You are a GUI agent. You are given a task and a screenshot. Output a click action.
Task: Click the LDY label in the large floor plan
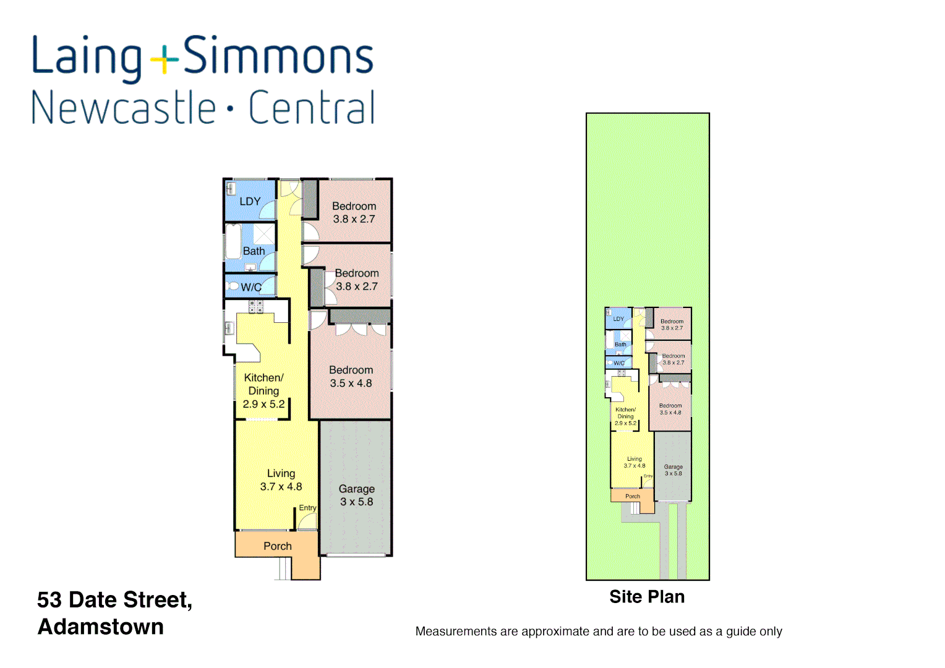tap(250, 202)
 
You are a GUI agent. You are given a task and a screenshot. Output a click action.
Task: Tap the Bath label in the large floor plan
tap(254, 251)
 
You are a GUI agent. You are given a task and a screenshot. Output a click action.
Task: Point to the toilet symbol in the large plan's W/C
tap(233, 286)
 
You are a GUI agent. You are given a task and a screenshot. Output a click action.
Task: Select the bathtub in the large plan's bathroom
tap(233, 241)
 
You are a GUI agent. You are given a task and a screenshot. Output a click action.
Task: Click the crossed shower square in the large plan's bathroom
tap(264, 234)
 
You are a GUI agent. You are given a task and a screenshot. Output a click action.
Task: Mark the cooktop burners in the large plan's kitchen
tap(256, 306)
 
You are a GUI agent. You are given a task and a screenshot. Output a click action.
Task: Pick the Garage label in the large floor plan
tap(356, 489)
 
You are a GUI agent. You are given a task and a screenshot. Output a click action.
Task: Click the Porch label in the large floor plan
tap(278, 546)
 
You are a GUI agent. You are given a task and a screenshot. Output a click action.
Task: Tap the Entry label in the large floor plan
tap(307, 508)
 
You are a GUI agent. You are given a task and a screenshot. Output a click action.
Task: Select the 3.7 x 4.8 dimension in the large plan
tap(281, 487)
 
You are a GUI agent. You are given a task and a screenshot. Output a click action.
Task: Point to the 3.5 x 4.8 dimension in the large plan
tap(351, 383)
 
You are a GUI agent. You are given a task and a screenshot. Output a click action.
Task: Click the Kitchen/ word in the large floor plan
tap(263, 377)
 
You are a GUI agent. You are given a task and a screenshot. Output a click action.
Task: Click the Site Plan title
tap(647, 597)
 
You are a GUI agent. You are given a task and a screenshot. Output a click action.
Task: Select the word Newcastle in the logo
tap(124, 108)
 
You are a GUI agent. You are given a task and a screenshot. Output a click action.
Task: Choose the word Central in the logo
tap(312, 108)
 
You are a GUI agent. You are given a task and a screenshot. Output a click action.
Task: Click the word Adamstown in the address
tap(101, 627)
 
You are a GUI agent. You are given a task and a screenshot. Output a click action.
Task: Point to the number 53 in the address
tap(49, 600)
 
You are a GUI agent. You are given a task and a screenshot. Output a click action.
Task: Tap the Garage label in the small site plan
tap(673, 467)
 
